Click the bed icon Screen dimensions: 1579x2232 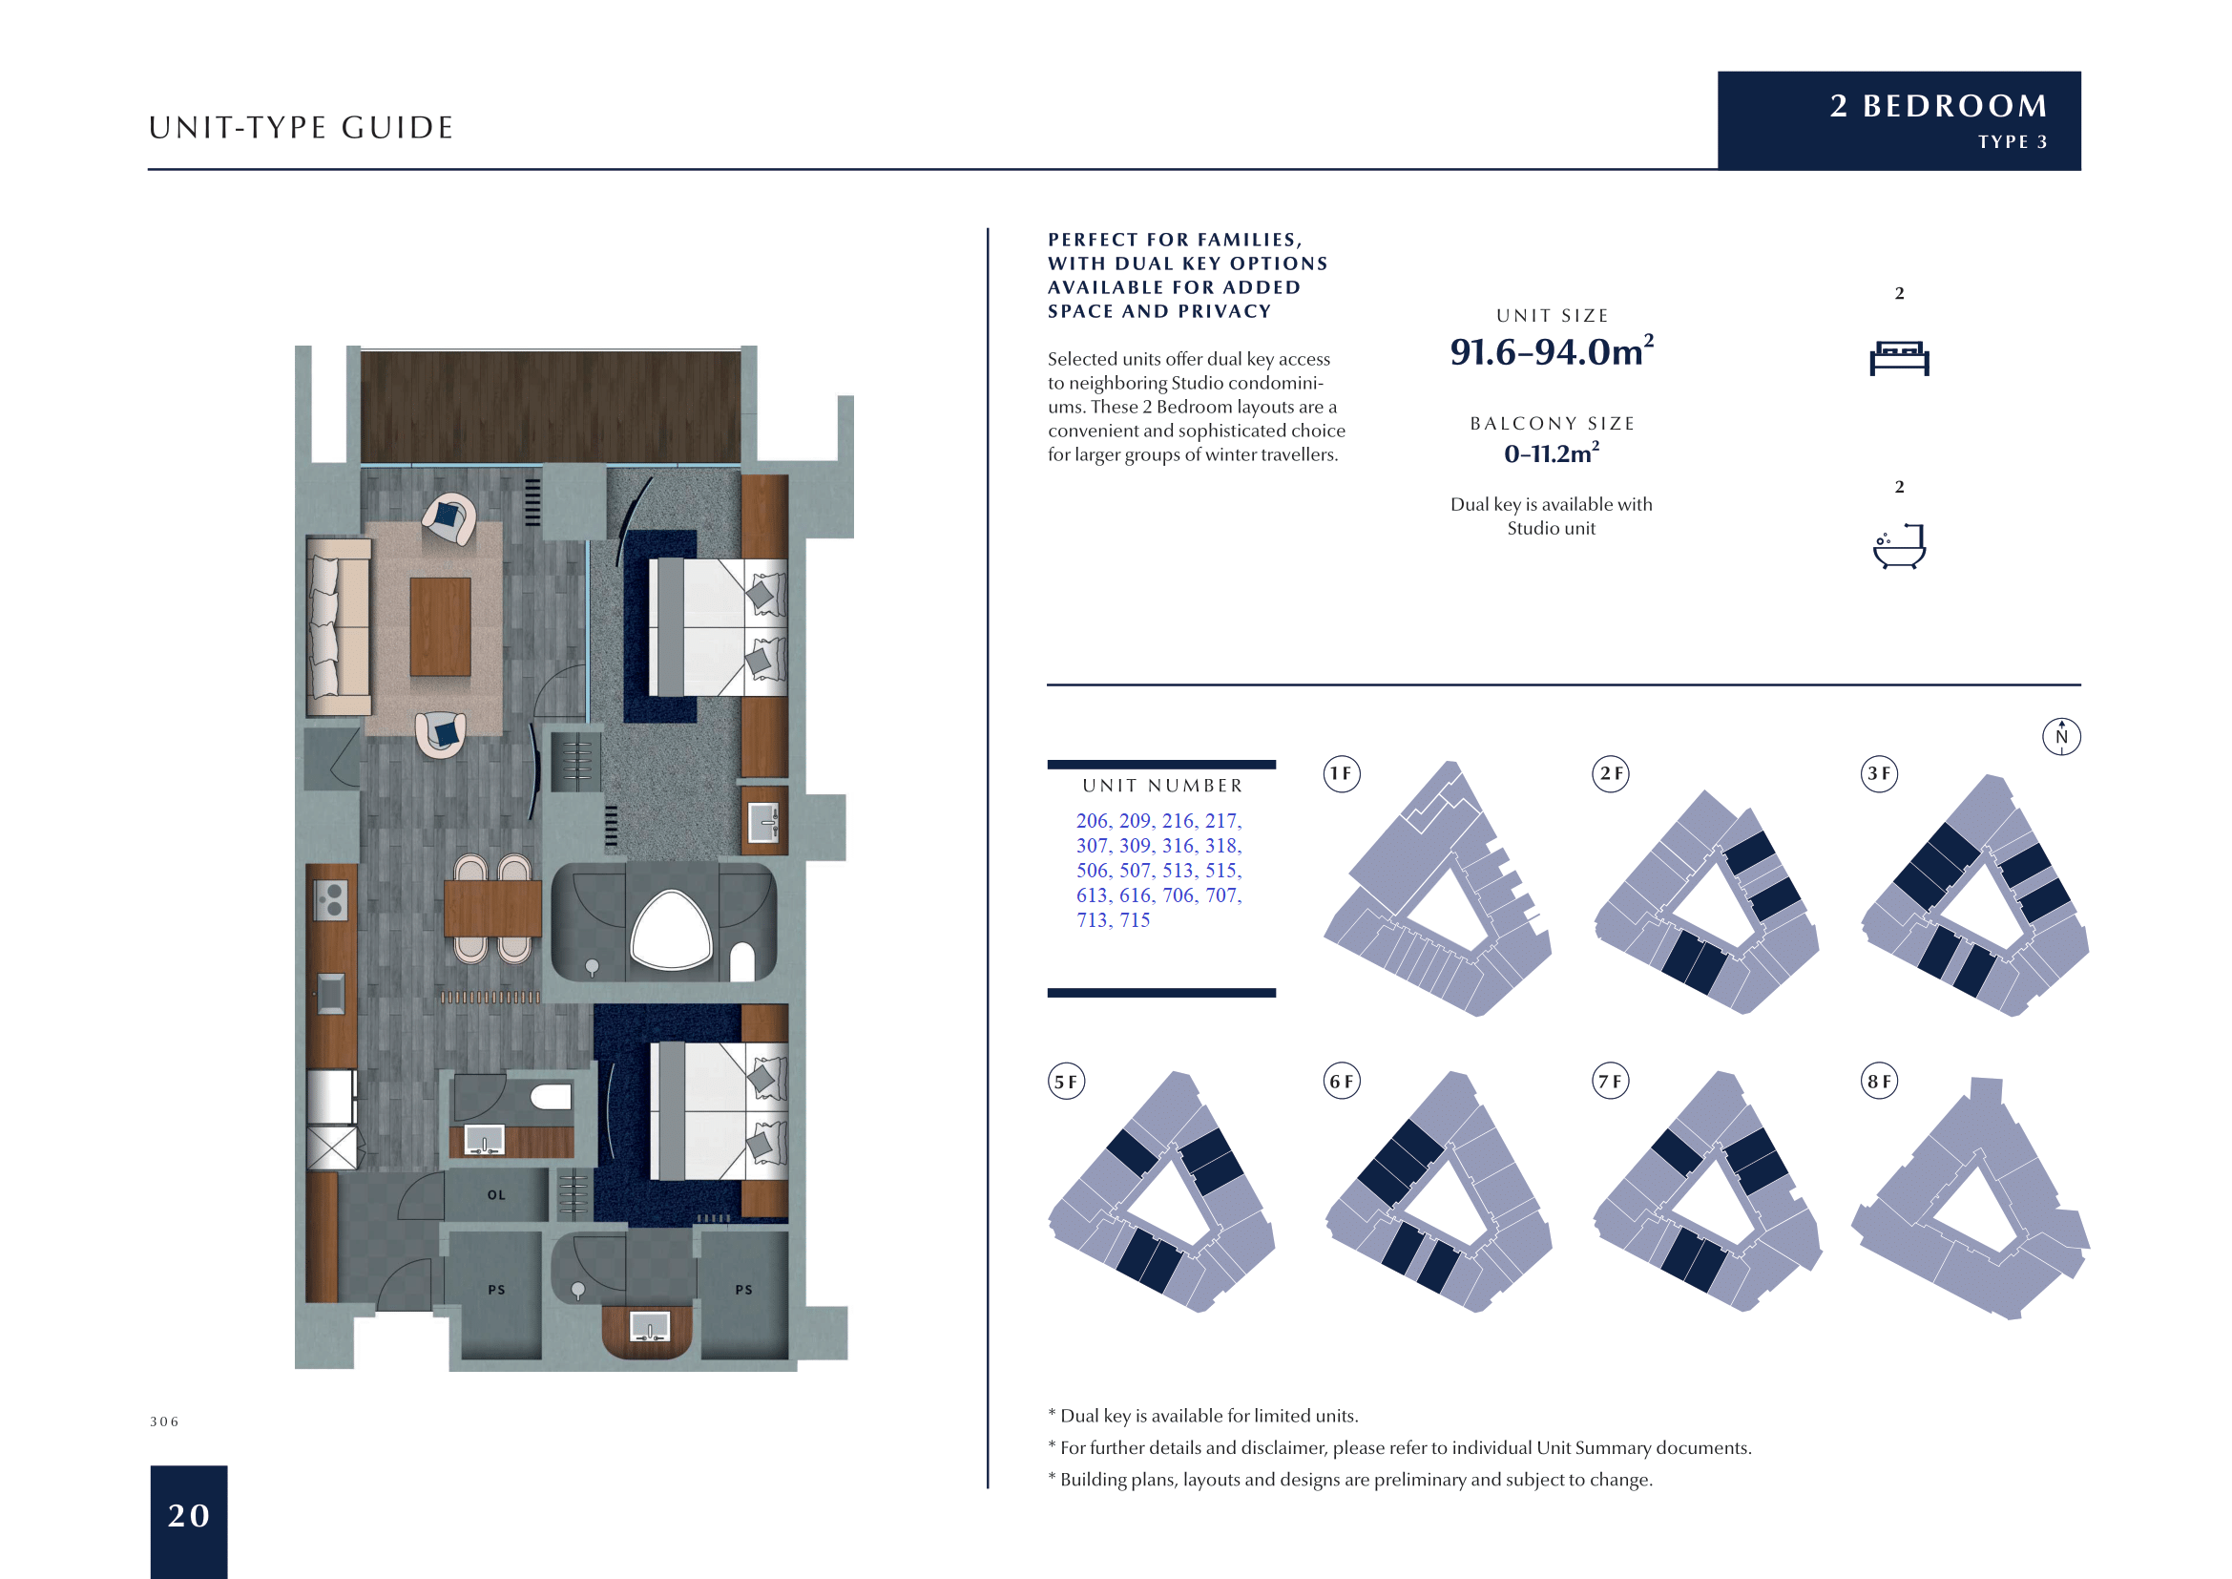click(1899, 358)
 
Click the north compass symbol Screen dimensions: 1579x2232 click(2061, 736)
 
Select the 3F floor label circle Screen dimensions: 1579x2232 click(1878, 774)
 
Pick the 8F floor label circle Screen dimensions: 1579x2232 click(1878, 1082)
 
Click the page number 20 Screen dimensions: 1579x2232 click(189, 1515)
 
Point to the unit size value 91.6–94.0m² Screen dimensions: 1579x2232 click(1551, 351)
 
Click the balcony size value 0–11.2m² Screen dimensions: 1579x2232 click(1551, 453)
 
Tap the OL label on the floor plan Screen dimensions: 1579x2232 click(497, 1195)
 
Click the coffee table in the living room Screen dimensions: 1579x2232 click(440, 627)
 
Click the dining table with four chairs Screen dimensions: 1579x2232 click(492, 907)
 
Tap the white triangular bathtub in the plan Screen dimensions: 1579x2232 click(671, 932)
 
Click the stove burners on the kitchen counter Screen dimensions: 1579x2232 click(331, 899)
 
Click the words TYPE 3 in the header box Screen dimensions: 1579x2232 click(2013, 142)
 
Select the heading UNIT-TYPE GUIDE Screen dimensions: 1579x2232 click(302, 127)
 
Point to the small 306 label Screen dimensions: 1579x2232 click(164, 1421)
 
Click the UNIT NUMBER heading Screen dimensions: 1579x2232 click(1161, 786)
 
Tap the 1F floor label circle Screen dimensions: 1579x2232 click(1342, 774)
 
